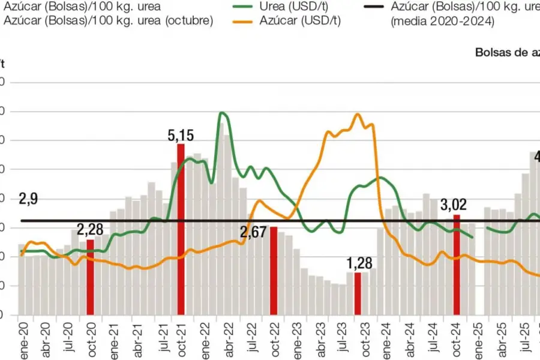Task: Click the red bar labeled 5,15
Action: [181, 229]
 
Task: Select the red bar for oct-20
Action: [90, 277]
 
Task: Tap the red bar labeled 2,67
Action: [274, 271]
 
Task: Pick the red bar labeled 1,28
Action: [358, 293]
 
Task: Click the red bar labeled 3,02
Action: [457, 265]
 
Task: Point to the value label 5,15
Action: [181, 136]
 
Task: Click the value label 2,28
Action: [90, 229]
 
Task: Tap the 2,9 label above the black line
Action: [28, 199]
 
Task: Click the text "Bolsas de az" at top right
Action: [506, 52]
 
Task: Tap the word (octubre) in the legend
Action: [187, 21]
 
